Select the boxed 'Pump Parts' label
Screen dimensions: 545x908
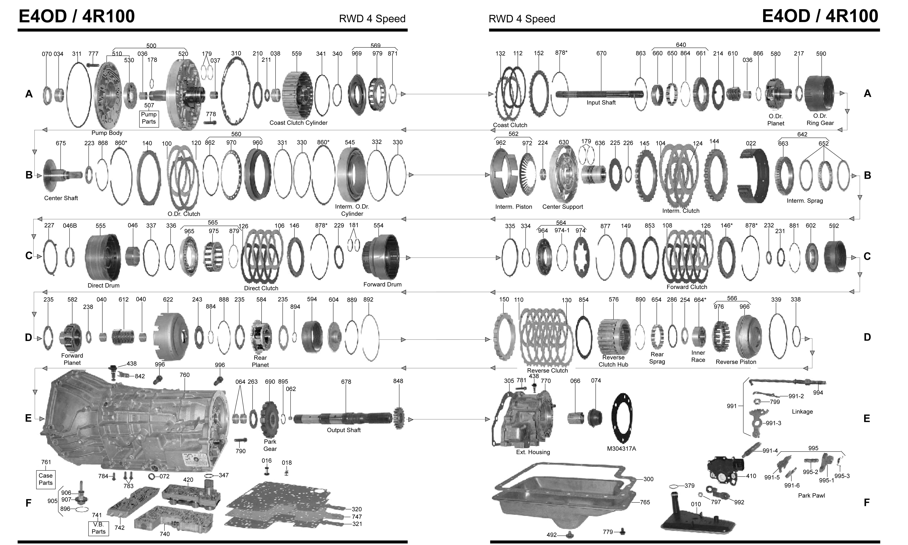149,118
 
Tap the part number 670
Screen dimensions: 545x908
601,53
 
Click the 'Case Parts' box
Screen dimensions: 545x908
46,479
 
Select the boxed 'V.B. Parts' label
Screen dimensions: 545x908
98,528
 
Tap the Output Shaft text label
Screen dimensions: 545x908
344,430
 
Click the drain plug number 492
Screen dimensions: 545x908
552,535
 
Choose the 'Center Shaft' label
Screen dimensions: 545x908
61,198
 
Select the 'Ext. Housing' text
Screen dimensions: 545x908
533,452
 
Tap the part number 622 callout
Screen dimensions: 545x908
168,299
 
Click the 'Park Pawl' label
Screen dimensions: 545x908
811,495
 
